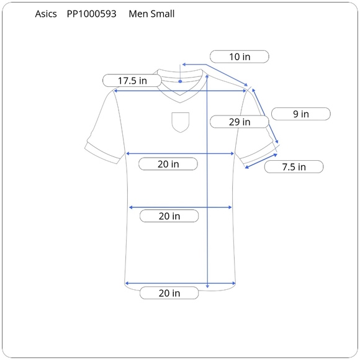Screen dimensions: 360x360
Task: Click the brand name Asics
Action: click(x=46, y=14)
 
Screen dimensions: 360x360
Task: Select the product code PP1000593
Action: click(x=91, y=14)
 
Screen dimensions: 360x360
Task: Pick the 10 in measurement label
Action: click(x=240, y=56)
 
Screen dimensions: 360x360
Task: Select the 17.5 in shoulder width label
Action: click(x=132, y=81)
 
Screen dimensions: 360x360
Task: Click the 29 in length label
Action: click(x=239, y=122)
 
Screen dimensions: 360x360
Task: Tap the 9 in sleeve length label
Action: click(x=301, y=114)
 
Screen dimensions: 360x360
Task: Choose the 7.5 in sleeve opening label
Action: click(x=294, y=167)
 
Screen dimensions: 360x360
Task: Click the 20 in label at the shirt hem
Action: click(x=169, y=293)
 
